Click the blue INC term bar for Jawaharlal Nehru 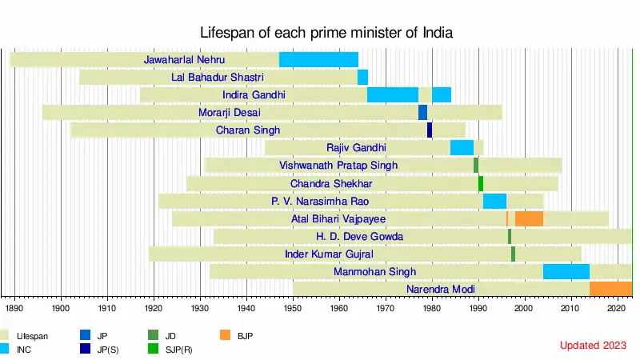[318, 59]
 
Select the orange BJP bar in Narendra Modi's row [610, 289]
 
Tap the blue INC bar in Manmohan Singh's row [566, 271]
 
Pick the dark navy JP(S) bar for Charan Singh [430, 130]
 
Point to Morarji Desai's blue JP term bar [422, 112]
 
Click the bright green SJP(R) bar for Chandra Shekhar [481, 183]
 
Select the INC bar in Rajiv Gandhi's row [462, 147]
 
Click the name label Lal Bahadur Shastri [218, 78]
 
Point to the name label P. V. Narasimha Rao [320, 201]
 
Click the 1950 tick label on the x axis [293, 307]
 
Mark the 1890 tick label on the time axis [14, 307]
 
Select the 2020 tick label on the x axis [617, 307]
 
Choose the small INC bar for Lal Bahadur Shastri [362, 77]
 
